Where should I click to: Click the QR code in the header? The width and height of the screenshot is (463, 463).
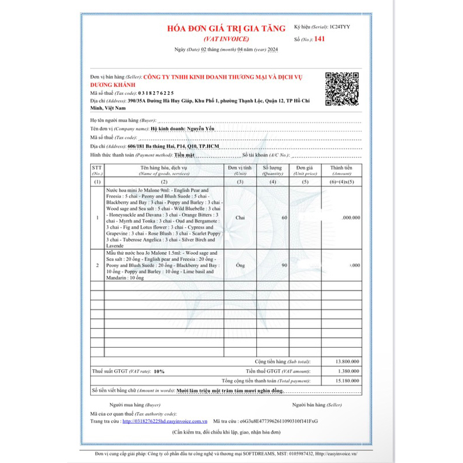coord(342,89)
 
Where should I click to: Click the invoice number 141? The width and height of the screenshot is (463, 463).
coord(320,38)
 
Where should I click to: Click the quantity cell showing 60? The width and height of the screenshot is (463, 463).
coord(284,218)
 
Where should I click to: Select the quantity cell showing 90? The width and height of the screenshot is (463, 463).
coord(284,265)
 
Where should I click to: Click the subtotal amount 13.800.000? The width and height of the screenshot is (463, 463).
coord(345,361)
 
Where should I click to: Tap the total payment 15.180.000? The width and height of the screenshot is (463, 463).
coord(345,381)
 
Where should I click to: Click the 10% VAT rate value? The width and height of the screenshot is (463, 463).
coord(159,371)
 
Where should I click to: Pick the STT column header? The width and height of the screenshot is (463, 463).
coord(97,170)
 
